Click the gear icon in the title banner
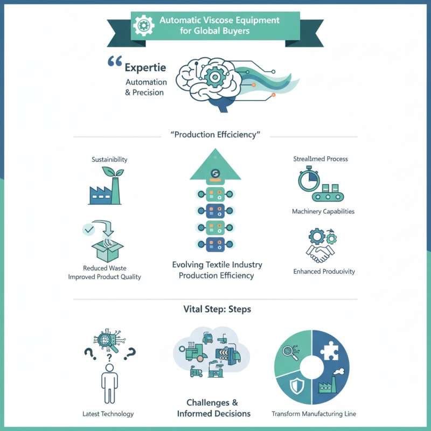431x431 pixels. tap(144, 25)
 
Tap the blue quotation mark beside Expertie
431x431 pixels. tap(114, 62)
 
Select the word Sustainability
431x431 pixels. tap(109, 160)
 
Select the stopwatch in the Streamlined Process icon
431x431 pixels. tap(309, 180)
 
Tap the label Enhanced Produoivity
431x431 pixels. tap(324, 272)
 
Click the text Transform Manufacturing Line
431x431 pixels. tap(314, 414)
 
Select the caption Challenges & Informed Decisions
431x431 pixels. tap(214, 408)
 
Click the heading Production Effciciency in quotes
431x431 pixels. tap(215, 135)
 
